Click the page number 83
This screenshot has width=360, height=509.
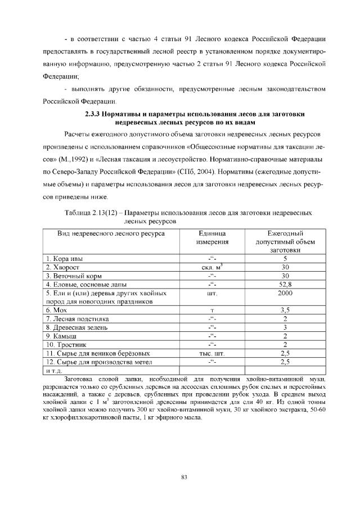click(x=183, y=478)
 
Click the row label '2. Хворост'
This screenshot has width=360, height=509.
click(x=63, y=267)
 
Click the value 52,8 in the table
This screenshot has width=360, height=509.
click(x=285, y=285)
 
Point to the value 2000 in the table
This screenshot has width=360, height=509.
click(x=285, y=294)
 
